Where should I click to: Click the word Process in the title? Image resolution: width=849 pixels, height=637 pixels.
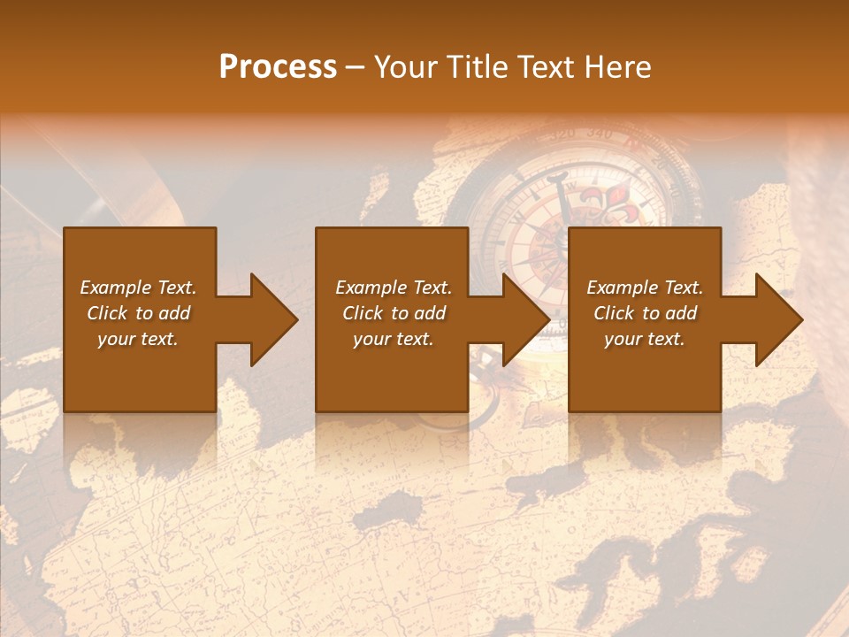click(x=278, y=67)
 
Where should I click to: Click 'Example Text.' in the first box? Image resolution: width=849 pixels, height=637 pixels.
click(x=138, y=288)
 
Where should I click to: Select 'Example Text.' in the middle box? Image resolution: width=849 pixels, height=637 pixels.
click(x=393, y=288)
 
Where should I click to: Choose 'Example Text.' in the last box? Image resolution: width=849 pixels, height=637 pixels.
click(x=645, y=288)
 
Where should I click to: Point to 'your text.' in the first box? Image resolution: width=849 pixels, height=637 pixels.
click(x=138, y=339)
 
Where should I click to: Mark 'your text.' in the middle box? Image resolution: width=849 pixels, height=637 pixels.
click(x=393, y=339)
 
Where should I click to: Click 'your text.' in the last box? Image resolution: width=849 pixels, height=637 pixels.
click(x=645, y=339)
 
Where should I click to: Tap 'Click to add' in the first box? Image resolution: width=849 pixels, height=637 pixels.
click(x=138, y=313)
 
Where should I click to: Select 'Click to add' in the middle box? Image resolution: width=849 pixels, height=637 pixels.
click(x=393, y=313)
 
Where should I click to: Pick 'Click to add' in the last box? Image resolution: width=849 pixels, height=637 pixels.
click(x=645, y=313)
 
